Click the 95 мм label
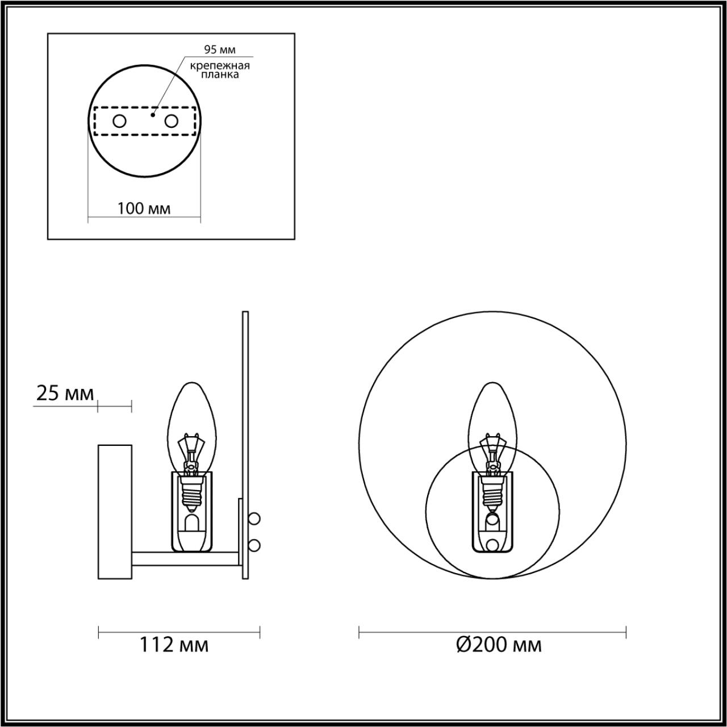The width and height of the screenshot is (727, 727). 220,50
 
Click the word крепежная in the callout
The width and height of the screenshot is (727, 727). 220,66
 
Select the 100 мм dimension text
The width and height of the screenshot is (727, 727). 144,208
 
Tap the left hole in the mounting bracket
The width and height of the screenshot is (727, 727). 119,121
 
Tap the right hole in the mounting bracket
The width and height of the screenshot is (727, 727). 170,121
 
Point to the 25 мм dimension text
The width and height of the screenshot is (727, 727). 65,393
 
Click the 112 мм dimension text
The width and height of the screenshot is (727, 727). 174,645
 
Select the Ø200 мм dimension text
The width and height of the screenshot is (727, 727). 499,645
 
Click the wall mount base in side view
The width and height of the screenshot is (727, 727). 115,511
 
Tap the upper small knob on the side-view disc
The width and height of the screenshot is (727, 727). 255,519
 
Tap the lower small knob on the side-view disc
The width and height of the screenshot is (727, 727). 255,545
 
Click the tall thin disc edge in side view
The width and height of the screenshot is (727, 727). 245,398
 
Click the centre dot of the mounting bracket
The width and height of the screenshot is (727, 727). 152,115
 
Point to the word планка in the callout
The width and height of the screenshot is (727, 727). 220,75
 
